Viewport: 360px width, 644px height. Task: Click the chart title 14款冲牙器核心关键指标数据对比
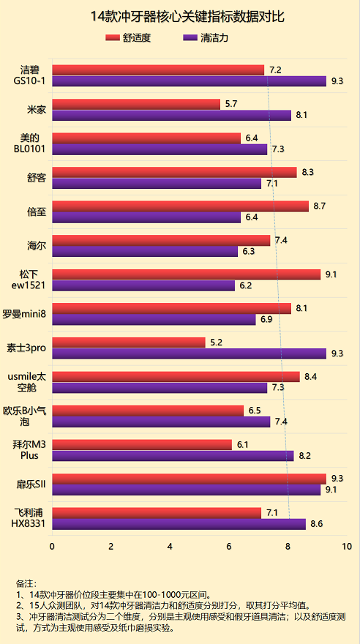click(x=180, y=15)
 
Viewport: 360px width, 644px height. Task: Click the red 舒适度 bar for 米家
click(x=136, y=104)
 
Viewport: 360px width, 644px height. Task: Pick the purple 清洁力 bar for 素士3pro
click(x=189, y=353)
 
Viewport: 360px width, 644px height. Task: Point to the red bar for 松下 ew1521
click(x=186, y=274)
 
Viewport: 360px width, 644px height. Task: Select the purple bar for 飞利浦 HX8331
click(x=179, y=524)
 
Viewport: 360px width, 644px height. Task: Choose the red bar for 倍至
click(x=180, y=206)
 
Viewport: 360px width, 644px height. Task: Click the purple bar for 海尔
click(x=145, y=252)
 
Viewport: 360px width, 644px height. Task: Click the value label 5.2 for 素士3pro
click(x=217, y=342)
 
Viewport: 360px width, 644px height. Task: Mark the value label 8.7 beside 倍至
click(x=319, y=206)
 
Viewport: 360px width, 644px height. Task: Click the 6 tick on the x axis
click(x=229, y=547)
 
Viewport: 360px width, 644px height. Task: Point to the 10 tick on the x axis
click(x=346, y=547)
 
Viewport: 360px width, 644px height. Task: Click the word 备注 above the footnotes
click(x=26, y=584)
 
